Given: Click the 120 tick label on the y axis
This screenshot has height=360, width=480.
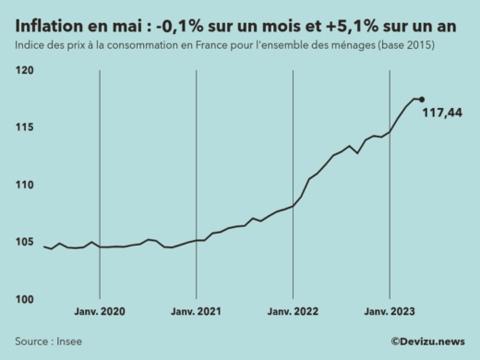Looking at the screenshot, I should coord(24,70).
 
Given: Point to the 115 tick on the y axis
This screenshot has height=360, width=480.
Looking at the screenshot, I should coord(24,127).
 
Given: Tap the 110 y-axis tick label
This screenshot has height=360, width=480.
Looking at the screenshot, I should coord(24,185).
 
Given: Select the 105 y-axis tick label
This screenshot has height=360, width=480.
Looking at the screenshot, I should coord(24,242).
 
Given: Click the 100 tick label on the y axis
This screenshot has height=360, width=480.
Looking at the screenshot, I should coord(24,299).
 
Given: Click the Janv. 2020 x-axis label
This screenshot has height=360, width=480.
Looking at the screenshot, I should coord(100,312).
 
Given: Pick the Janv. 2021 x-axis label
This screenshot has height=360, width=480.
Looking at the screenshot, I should coord(197,312).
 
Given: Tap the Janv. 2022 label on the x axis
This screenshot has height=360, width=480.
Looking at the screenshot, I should coord(293,312).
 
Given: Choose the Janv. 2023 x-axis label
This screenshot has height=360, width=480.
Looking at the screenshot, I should coord(390,312).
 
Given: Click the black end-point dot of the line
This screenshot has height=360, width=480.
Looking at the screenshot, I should coord(422,100).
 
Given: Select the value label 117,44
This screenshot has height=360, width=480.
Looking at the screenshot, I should coord(442,113).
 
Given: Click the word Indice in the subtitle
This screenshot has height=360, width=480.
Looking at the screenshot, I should coord(30,45).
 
